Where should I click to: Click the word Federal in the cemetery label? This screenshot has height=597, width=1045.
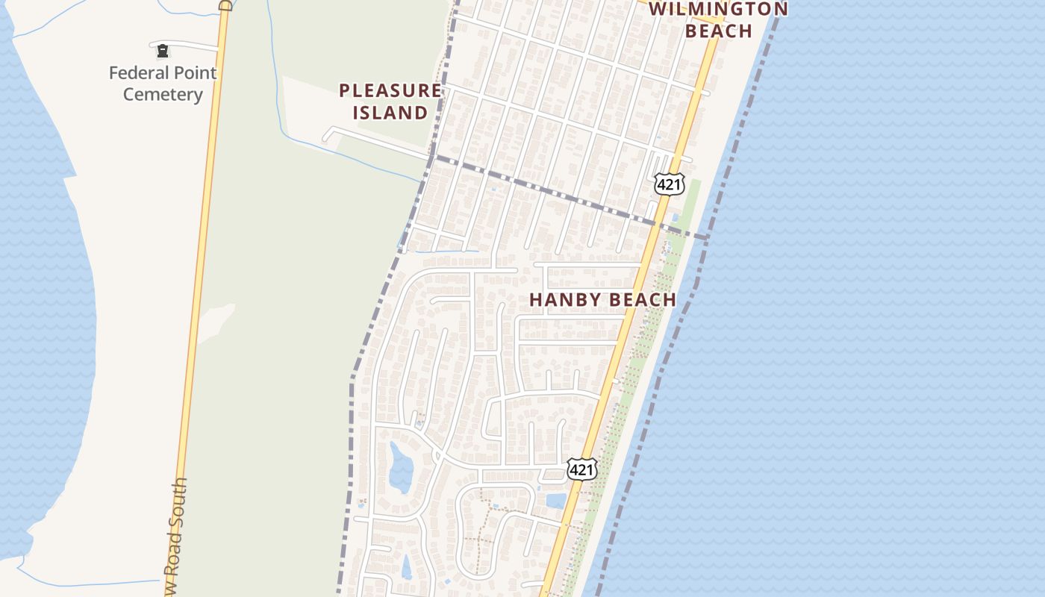[x=137, y=73]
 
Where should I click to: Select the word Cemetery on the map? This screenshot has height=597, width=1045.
[x=163, y=95]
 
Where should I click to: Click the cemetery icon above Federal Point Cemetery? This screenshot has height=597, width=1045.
[x=162, y=51]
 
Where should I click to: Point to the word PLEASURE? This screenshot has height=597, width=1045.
[x=390, y=91]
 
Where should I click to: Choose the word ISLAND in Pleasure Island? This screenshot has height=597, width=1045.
[x=390, y=113]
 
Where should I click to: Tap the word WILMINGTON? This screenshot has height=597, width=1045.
[x=718, y=10]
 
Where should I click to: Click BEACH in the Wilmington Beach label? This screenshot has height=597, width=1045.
[x=718, y=31]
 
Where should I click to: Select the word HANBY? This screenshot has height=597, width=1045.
[x=564, y=300]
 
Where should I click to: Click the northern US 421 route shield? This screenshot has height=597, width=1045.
[x=669, y=184]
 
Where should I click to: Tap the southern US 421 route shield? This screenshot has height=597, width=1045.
[x=581, y=469]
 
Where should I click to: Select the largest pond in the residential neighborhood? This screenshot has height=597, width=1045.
[x=400, y=466]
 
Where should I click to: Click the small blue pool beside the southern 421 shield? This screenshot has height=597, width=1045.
[x=556, y=500]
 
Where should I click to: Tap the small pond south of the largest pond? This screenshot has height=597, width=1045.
[x=407, y=567]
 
